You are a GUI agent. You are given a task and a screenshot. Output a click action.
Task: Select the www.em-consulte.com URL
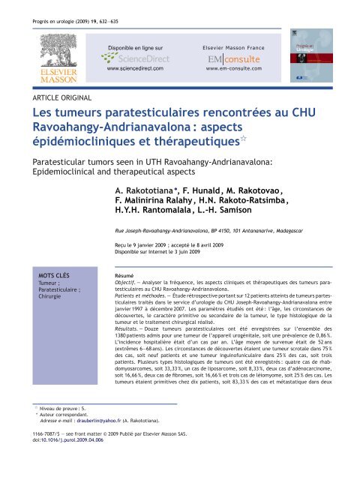231,68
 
